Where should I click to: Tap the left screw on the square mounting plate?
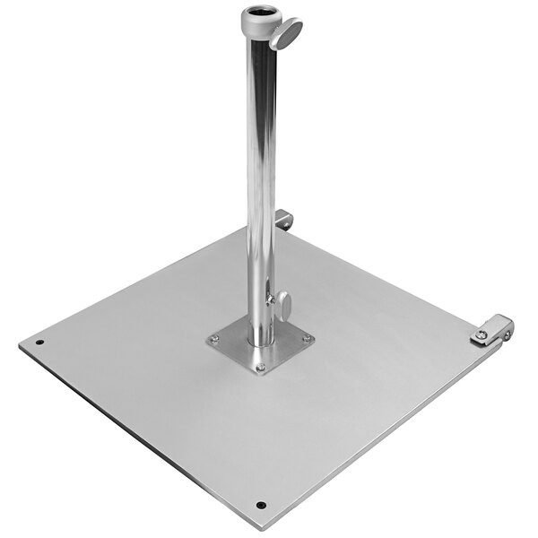pos(214,339)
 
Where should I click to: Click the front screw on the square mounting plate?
pos(260,366)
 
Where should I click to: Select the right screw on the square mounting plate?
pos(307,338)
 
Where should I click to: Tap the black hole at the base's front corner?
pos(260,504)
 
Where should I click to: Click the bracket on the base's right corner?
pos(492,328)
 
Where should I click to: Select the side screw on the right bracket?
pos(507,335)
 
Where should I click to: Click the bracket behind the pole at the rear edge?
pos(283,219)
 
